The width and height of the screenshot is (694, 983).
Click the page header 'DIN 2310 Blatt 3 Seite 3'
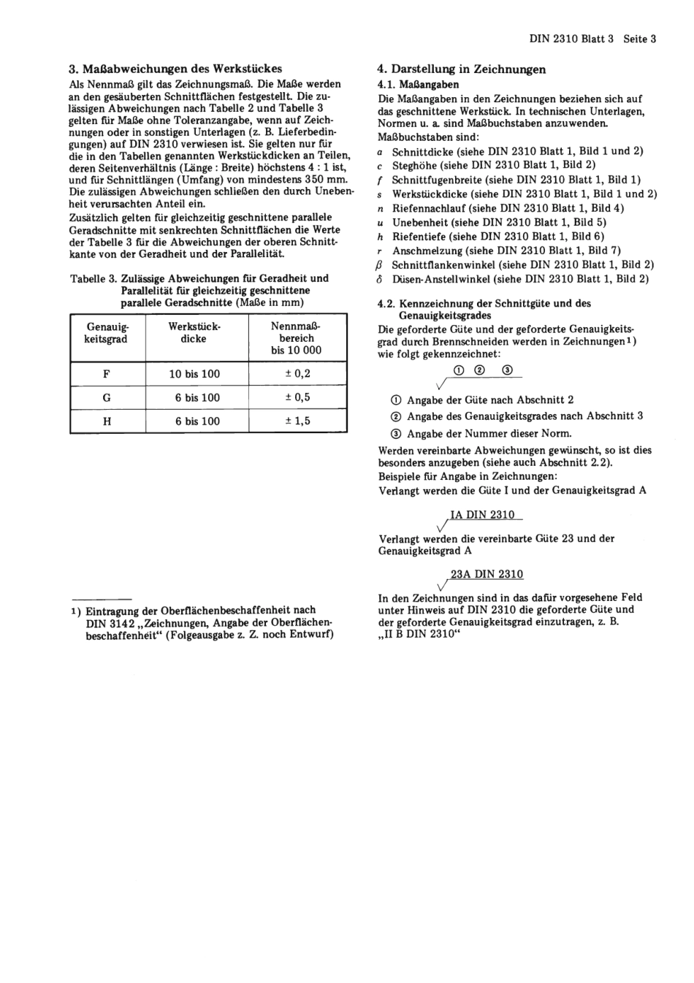(592, 39)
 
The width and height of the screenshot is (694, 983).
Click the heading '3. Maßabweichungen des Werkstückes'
(175, 69)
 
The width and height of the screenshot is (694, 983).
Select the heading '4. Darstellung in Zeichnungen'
(461, 69)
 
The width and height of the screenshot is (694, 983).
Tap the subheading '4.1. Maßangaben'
(419, 85)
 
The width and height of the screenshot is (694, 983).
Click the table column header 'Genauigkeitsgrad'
(107, 332)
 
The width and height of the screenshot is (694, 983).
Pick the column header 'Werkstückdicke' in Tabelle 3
(194, 332)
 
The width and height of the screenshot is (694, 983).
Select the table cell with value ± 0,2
(297, 374)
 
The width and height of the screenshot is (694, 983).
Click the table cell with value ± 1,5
(297, 421)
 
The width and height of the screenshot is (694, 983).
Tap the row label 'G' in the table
(107, 398)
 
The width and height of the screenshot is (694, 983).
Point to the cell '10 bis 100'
(194, 374)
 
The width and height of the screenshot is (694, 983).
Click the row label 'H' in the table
(107, 421)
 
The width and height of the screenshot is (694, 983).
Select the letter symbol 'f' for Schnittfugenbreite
(380, 180)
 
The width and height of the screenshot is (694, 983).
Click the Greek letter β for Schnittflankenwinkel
(380, 265)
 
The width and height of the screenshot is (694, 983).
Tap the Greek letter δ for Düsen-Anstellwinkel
(380, 279)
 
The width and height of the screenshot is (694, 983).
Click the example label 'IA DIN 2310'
(482, 515)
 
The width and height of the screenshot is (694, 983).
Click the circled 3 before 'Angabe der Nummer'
(396, 434)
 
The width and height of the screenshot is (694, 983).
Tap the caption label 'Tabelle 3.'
(94, 278)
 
